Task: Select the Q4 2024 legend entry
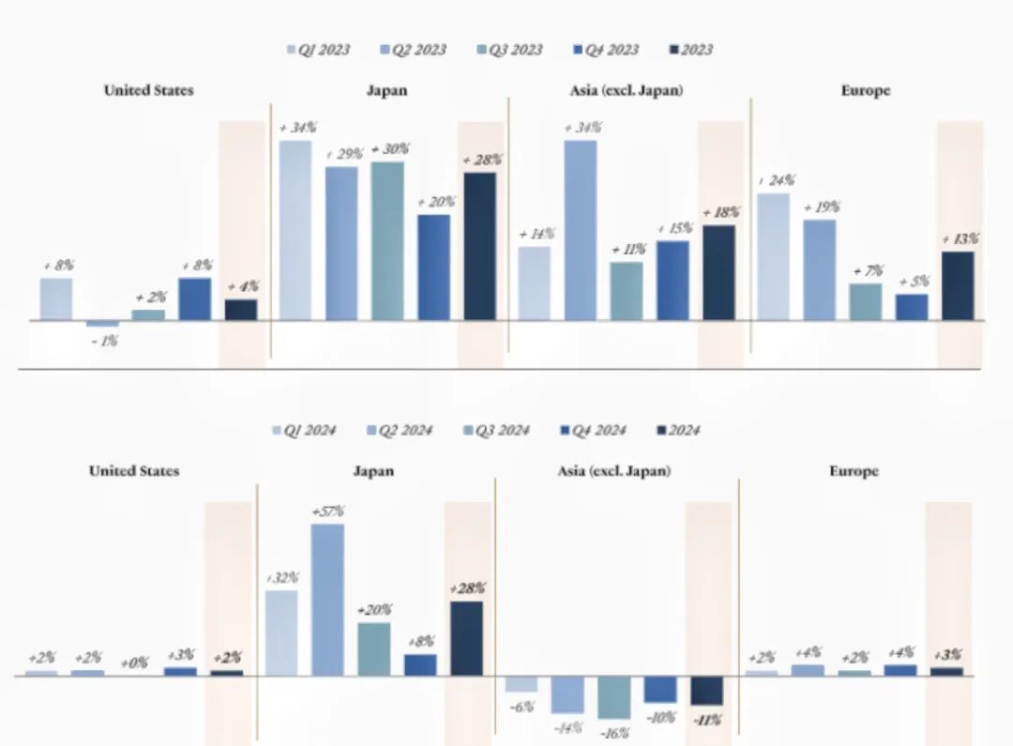click(x=594, y=431)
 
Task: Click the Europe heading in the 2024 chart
click(x=854, y=471)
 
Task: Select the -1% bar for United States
click(x=102, y=324)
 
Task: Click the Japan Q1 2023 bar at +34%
click(x=295, y=230)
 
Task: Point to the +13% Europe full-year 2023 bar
click(x=958, y=285)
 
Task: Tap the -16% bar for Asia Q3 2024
click(x=614, y=697)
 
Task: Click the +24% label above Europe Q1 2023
click(x=776, y=180)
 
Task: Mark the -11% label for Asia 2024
click(x=708, y=721)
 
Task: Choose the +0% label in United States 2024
click(x=134, y=662)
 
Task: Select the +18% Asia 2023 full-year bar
click(x=718, y=272)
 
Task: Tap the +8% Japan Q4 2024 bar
click(x=420, y=664)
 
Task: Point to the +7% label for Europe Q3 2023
click(x=868, y=271)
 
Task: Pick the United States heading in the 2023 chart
click(x=148, y=91)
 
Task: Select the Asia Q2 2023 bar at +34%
click(x=580, y=230)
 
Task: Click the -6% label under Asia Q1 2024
click(x=521, y=706)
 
